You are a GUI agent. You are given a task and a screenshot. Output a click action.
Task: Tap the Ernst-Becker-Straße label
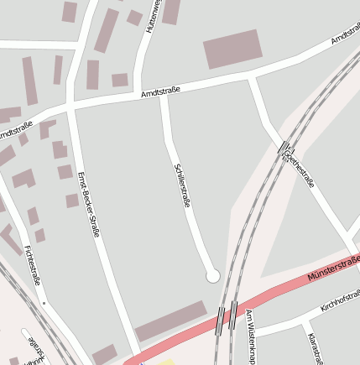(88, 204)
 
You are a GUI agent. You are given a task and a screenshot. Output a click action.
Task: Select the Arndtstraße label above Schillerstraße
(162, 92)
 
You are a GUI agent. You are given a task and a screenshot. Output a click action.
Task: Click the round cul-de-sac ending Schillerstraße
(212, 275)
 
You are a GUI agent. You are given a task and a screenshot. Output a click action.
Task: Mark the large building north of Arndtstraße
(232, 49)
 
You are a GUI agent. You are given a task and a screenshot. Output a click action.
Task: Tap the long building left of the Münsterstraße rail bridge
(170, 321)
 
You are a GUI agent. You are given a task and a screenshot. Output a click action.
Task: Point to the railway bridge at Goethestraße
(284, 148)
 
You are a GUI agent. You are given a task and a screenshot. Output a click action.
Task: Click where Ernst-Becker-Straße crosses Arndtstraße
(70, 109)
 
